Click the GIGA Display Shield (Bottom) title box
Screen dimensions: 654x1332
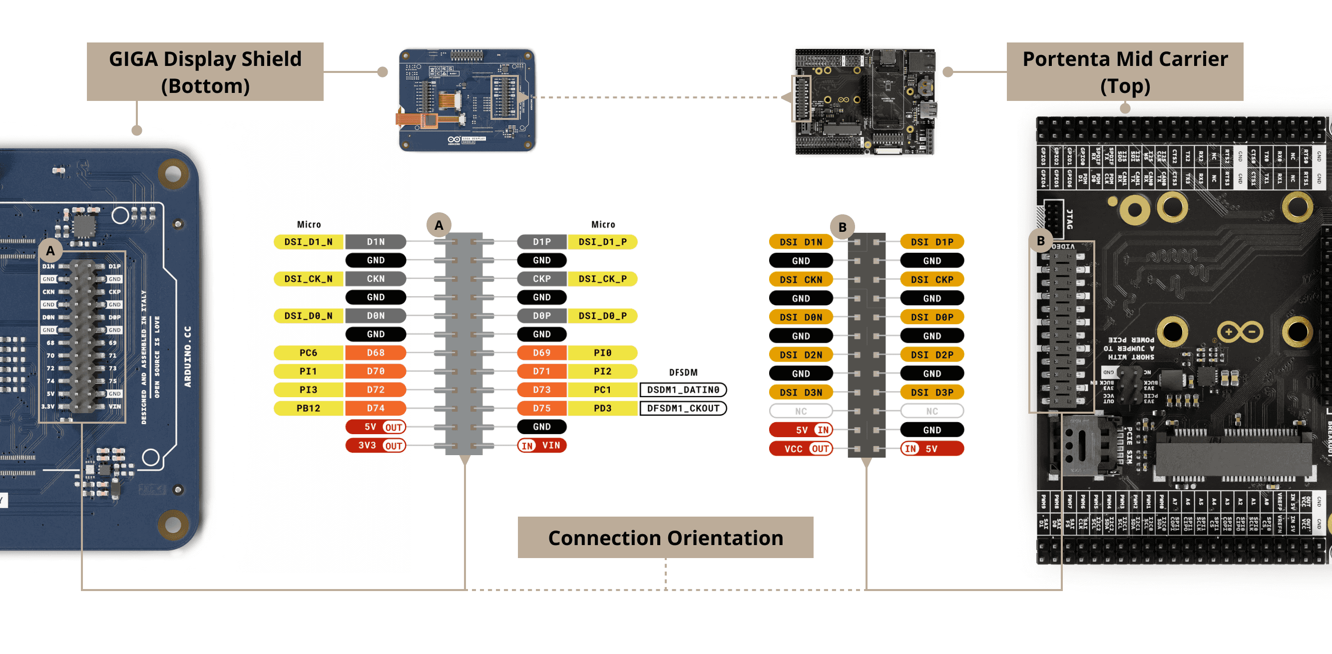click(x=205, y=71)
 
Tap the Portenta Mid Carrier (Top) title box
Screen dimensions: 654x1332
click(x=1125, y=71)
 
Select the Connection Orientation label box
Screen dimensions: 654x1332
click(x=665, y=537)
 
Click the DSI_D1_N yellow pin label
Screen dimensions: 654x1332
click(x=308, y=242)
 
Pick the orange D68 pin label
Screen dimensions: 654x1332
click(x=376, y=353)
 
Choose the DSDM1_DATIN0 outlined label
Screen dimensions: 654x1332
click(x=683, y=390)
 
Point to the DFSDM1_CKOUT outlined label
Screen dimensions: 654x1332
click(x=683, y=408)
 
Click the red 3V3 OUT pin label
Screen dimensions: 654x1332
click(x=376, y=446)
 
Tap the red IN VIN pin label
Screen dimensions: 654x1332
click(x=541, y=446)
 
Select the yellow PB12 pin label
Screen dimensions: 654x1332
click(x=308, y=408)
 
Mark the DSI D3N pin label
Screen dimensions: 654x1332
click(x=801, y=392)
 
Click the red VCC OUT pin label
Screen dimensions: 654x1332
click(x=801, y=449)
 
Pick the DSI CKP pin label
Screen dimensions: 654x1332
click(x=932, y=279)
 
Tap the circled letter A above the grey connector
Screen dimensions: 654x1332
click(x=439, y=225)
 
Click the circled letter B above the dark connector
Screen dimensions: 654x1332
click(x=843, y=227)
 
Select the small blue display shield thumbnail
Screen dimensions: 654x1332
click(x=467, y=100)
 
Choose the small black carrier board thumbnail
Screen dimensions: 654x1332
click(x=865, y=101)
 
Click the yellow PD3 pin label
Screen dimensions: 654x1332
click(x=602, y=408)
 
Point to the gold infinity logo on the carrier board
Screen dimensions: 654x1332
click(x=1240, y=332)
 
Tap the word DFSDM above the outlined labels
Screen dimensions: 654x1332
click(x=683, y=373)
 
